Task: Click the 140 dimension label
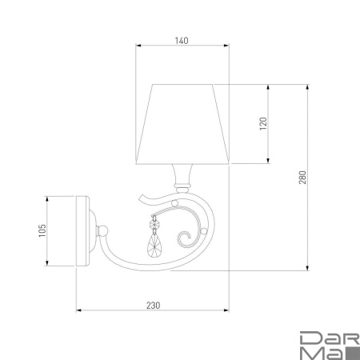coord(182,41)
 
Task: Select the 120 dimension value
coord(263,123)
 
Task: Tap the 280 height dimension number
coord(302,178)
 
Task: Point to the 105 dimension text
coord(42,231)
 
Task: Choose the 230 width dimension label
coord(154,306)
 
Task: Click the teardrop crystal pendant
coord(154,245)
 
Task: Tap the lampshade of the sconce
coord(182,124)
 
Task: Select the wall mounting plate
coord(83,231)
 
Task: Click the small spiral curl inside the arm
coord(184,239)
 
